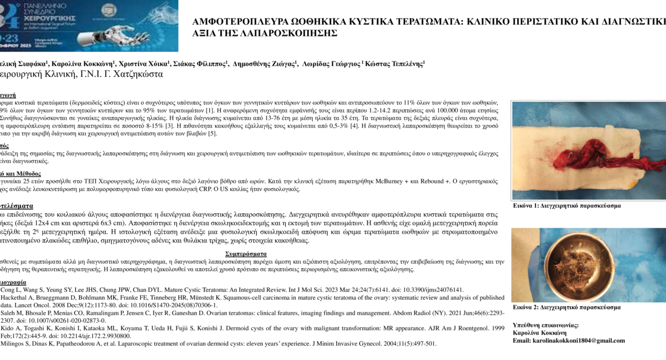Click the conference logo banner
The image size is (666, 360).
tap(89, 26)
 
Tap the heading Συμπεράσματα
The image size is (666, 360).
tap(246, 254)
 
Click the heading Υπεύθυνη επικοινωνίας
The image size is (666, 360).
tap(546, 325)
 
